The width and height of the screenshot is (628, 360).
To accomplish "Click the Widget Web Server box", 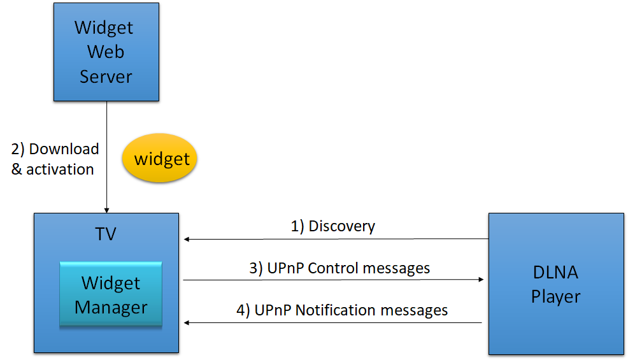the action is pyautogui.click(x=106, y=52).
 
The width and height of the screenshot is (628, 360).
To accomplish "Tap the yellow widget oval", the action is pyautogui.click(x=159, y=158).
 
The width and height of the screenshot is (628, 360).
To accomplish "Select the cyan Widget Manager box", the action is pyautogui.click(x=111, y=294).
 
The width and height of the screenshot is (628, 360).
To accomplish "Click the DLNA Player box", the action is pyautogui.click(x=556, y=284).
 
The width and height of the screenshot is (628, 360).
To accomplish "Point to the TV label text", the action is pyautogui.click(x=106, y=234).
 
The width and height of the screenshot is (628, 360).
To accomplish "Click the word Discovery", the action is pyautogui.click(x=341, y=226).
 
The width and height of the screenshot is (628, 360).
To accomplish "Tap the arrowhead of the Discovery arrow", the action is pyautogui.click(x=187, y=240).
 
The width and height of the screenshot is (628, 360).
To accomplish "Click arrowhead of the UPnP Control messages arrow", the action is pyautogui.click(x=481, y=280).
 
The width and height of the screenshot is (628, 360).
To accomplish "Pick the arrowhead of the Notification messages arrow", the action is pyautogui.click(x=187, y=322).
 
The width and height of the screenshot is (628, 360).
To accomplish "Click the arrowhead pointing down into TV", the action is pyautogui.click(x=106, y=210).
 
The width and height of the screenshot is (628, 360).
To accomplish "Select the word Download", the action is pyautogui.click(x=64, y=149).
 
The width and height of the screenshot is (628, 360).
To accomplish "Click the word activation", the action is pyautogui.click(x=60, y=169).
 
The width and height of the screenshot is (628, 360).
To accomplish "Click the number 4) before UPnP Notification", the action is pyautogui.click(x=243, y=311).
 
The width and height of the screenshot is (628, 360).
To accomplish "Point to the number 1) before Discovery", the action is pyautogui.click(x=297, y=226).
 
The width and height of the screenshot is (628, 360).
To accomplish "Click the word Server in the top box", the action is pyautogui.click(x=106, y=76).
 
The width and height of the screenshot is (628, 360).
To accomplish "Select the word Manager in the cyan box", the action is pyautogui.click(x=111, y=308).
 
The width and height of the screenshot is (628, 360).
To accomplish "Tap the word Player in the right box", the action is pyautogui.click(x=555, y=297).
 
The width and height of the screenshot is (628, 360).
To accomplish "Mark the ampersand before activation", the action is pyautogui.click(x=17, y=169).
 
